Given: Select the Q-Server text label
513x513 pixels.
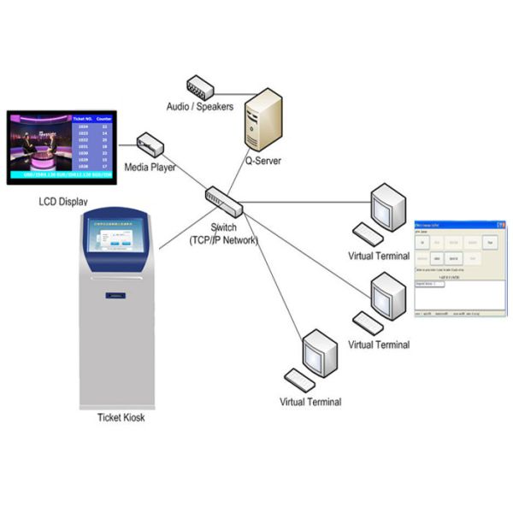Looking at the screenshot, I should click(x=263, y=160).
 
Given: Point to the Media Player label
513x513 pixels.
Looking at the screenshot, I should click(x=150, y=168).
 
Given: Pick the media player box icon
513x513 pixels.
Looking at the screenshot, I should click(x=150, y=144).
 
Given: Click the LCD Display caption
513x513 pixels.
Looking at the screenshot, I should click(x=63, y=203).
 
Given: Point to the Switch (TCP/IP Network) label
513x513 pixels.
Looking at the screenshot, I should click(x=223, y=234).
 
